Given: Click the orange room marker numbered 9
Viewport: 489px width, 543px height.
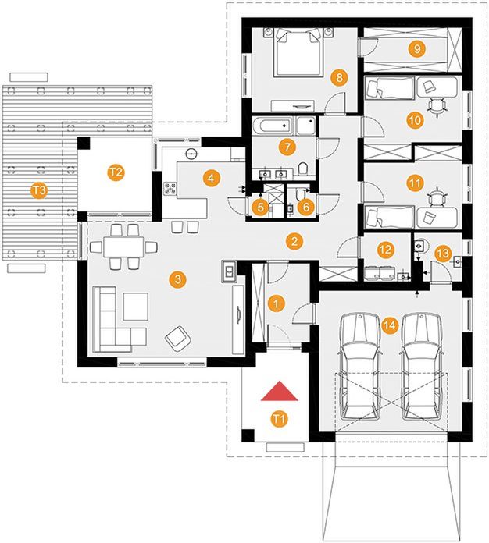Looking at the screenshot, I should (x=417, y=48).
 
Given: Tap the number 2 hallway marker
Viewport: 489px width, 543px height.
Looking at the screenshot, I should (x=293, y=241).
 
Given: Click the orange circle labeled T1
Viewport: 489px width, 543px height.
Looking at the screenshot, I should (x=278, y=419).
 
